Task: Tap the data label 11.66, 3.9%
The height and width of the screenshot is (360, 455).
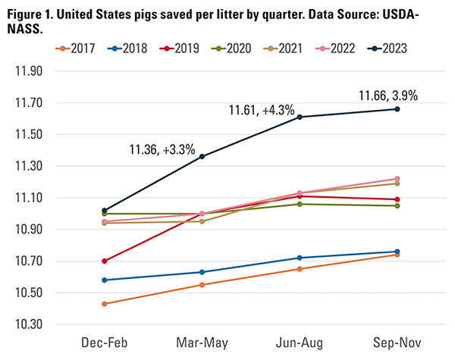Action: [388, 95]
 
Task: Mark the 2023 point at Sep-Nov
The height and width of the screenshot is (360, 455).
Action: [397, 109]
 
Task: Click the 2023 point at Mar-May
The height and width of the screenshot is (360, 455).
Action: [202, 156]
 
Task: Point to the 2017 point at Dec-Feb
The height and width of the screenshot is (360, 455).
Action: [104, 304]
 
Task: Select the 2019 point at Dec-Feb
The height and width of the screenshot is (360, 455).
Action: [104, 261]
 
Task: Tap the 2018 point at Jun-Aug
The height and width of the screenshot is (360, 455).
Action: [300, 258]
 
